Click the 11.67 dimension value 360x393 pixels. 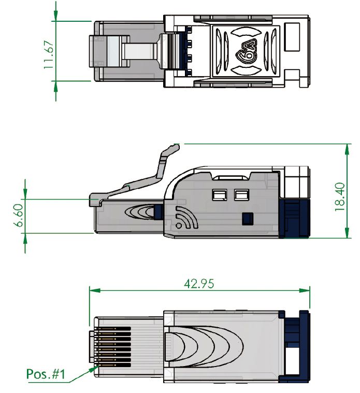pyautogui.click(x=48, y=52)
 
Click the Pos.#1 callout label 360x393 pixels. pyautogui.click(x=46, y=374)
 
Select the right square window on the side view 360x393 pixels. pyautogui.click(x=241, y=195)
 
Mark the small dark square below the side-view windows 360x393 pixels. pyautogui.click(x=248, y=218)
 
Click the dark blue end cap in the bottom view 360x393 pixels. pyautogui.click(x=294, y=346)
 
